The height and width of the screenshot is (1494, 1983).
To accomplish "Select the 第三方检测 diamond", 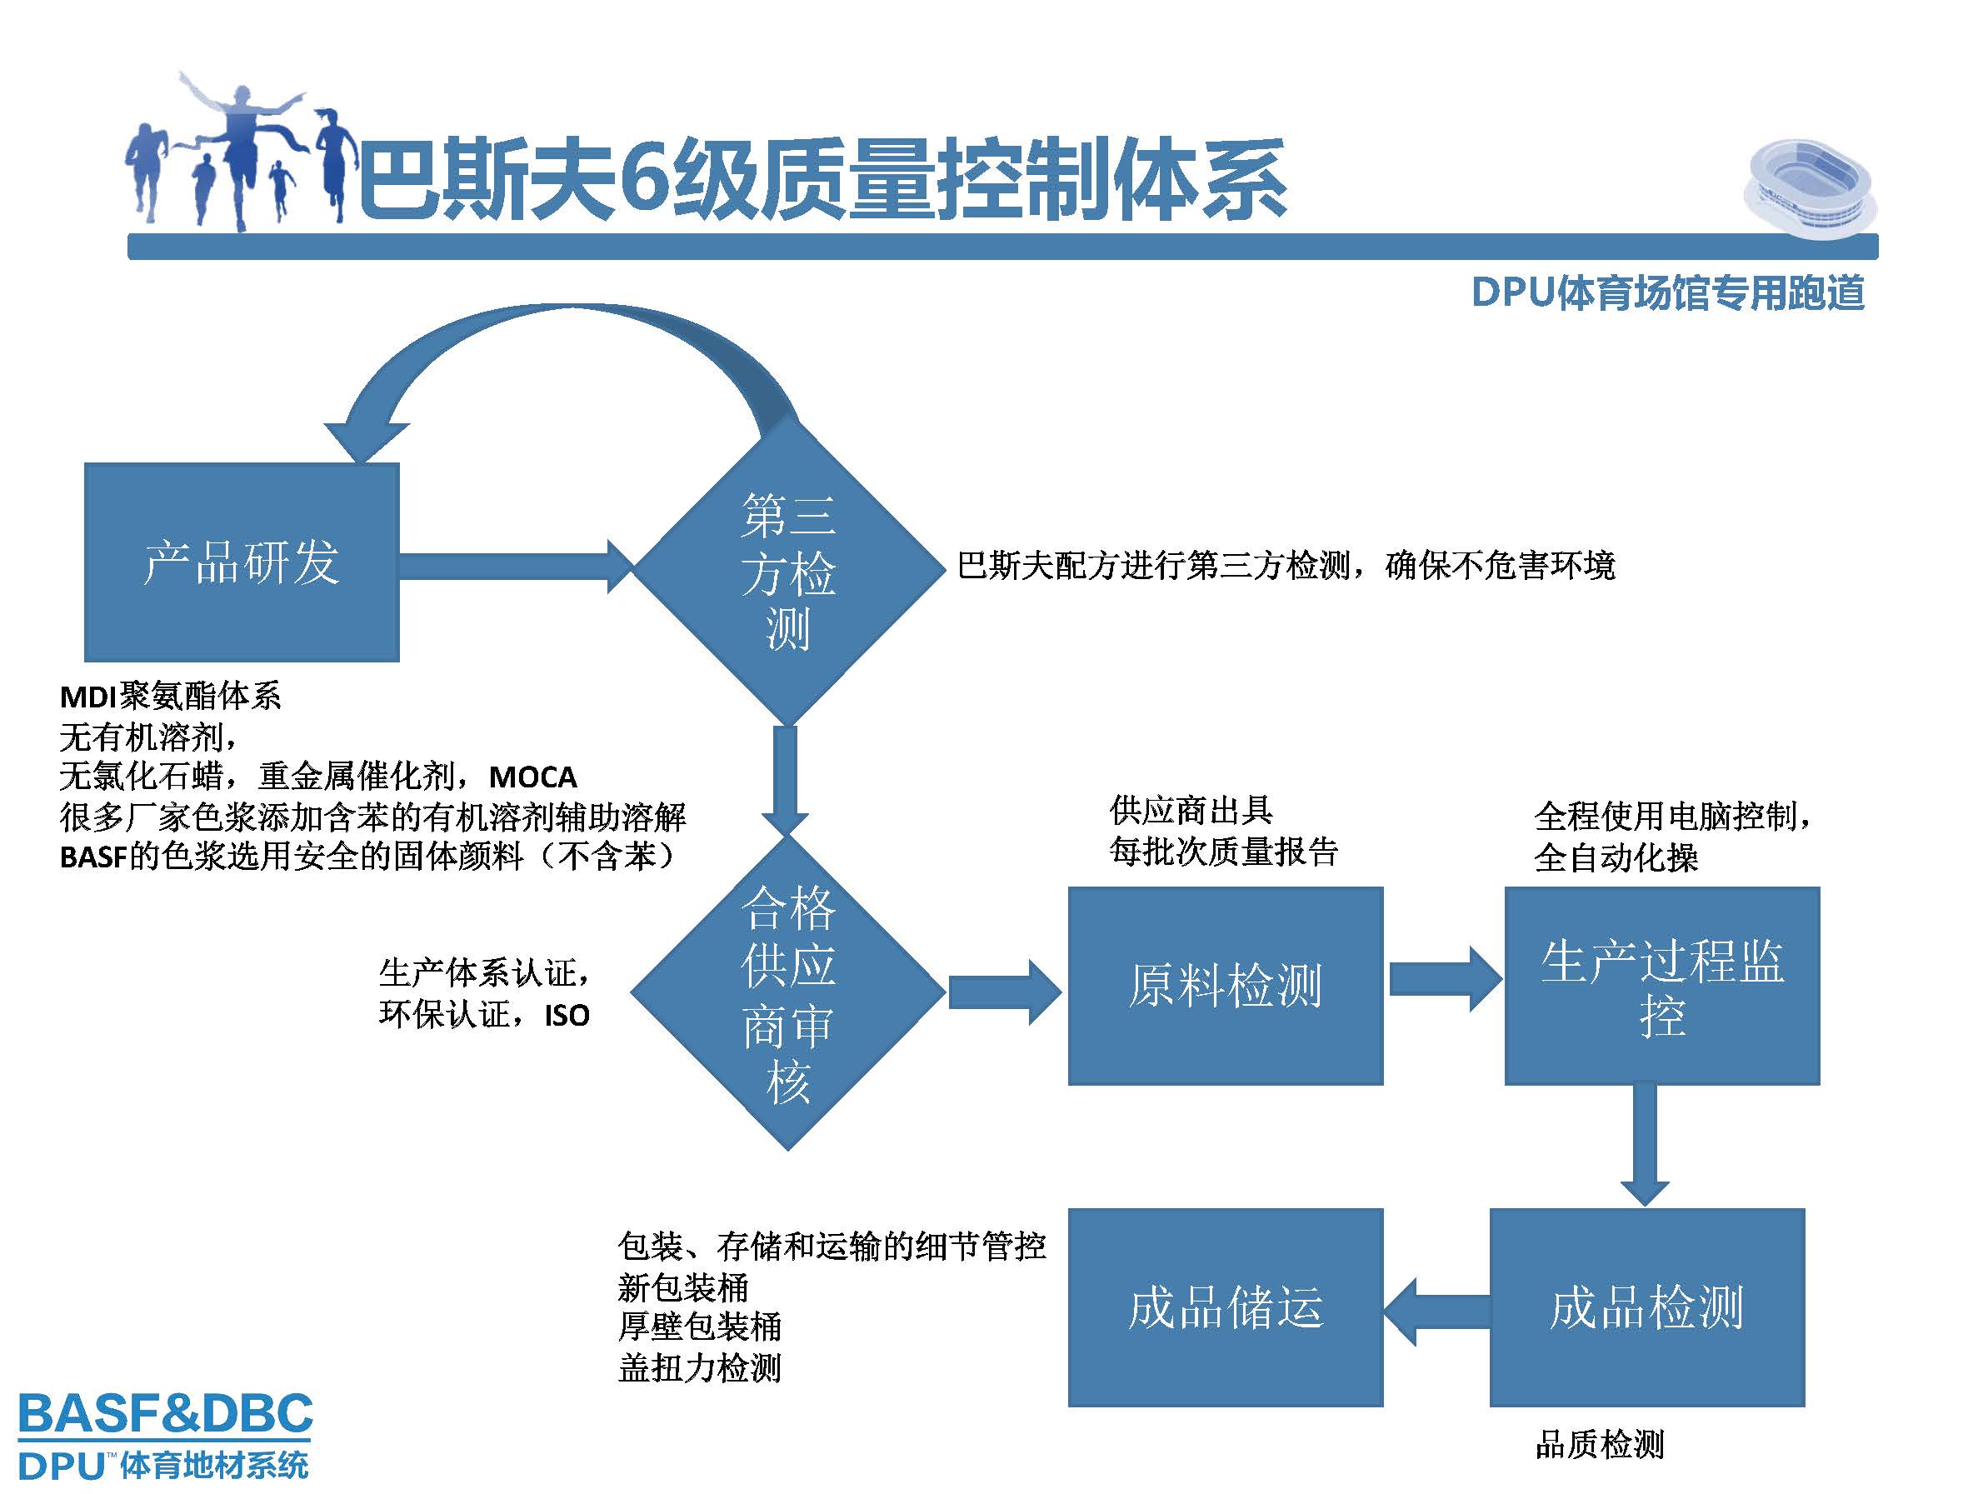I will coord(788,572).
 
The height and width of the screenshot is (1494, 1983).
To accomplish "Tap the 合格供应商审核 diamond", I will coord(788,992).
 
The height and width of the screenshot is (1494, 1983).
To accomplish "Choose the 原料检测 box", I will coord(1225,986).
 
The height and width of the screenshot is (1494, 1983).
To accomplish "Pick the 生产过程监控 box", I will coord(1661,986).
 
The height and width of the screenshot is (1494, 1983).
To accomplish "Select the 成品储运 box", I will coord(1225,1307).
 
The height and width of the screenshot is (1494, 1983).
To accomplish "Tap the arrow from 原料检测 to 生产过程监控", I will coord(1443,979).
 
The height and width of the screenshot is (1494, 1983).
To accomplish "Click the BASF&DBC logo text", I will coord(166,1413).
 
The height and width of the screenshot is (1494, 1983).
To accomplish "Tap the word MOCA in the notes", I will coord(532,777).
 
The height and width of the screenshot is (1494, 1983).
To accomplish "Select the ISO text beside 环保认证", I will coord(567,1016).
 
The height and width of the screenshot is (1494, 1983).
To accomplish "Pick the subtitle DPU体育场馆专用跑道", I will coord(1667,293).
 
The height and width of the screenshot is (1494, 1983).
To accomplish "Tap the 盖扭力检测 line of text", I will coord(699,1367).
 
